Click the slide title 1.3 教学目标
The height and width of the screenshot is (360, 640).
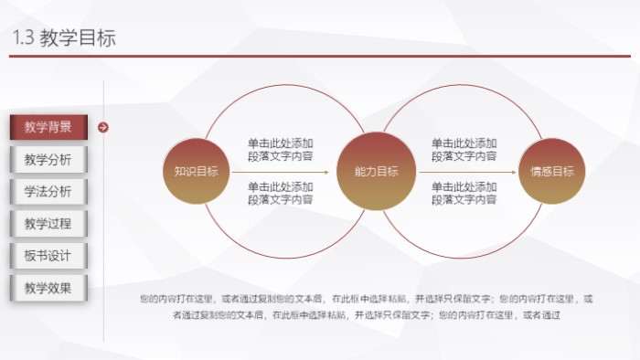pos(65,37)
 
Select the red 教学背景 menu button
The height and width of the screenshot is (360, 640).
pos(48,127)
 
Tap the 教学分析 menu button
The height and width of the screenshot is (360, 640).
pos(48,160)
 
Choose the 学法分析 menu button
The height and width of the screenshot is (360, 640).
pos(48,192)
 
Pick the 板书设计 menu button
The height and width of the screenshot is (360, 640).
pos(48,256)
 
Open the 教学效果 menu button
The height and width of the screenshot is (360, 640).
pos(48,288)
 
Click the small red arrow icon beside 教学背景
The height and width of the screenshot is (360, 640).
pos(103,127)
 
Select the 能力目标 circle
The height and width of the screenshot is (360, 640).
pos(376,172)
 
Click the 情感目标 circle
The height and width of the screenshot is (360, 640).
pos(552,172)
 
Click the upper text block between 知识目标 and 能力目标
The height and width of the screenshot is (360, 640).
pos(281,150)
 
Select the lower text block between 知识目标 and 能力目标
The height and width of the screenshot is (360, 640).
pos(281,193)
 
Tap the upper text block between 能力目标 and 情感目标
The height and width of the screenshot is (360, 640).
pos(464,150)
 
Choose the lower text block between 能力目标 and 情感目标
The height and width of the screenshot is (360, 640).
pos(464,193)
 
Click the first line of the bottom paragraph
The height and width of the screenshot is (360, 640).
pos(366,298)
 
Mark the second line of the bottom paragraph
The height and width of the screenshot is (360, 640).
pos(366,315)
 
